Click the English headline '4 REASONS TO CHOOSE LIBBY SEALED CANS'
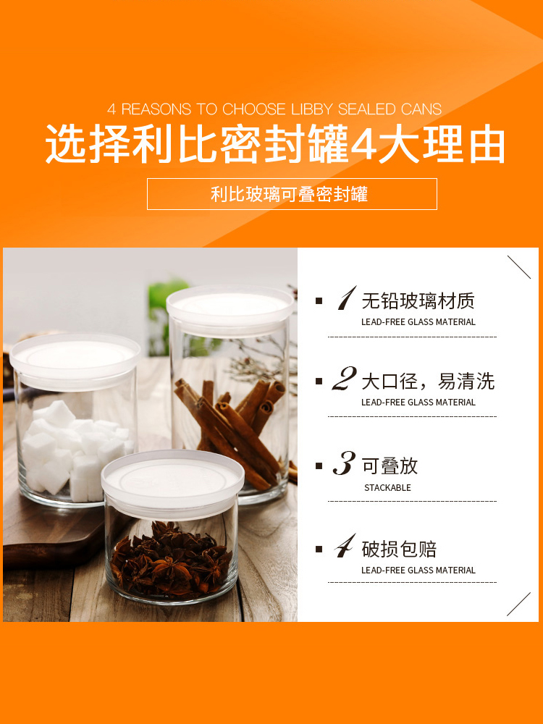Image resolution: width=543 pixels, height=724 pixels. coord(274,109)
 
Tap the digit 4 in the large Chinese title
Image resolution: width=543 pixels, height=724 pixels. coord(364,144)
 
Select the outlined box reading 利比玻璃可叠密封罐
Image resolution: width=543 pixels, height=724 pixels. coord(292,194)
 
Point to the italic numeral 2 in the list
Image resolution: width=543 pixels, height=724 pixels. coord(345,379)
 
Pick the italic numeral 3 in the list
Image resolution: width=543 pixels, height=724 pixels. coord(345,463)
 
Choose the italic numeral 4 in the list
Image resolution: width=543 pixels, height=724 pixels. coord(345,545)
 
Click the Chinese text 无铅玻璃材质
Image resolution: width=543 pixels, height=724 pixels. coord(418,301)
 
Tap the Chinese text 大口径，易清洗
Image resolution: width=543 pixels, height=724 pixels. coord(428,382)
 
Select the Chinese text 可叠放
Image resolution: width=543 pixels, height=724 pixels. coord(390,466)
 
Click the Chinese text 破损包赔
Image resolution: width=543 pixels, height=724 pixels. coord(399,549)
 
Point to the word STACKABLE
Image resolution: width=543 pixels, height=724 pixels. coord(387,487)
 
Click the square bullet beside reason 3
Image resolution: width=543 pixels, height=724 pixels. coord(319,466)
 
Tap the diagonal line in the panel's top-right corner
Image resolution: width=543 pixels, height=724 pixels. coord(519,267)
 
